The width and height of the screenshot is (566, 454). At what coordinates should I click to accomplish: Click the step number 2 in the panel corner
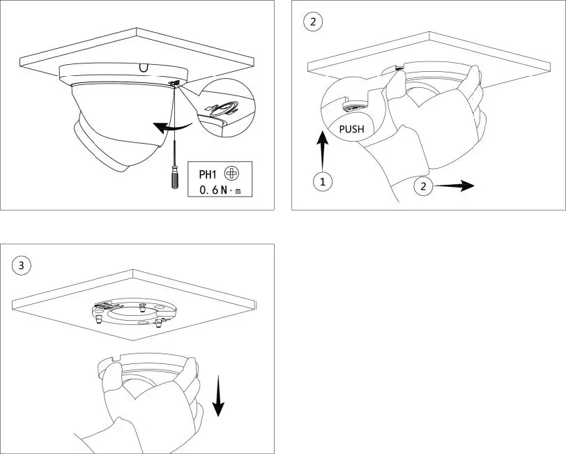coord(312,22)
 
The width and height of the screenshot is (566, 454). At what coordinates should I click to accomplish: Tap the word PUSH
coord(351,129)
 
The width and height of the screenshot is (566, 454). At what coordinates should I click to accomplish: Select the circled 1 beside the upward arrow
coord(321,182)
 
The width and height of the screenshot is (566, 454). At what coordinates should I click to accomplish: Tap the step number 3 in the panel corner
coord(22,265)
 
